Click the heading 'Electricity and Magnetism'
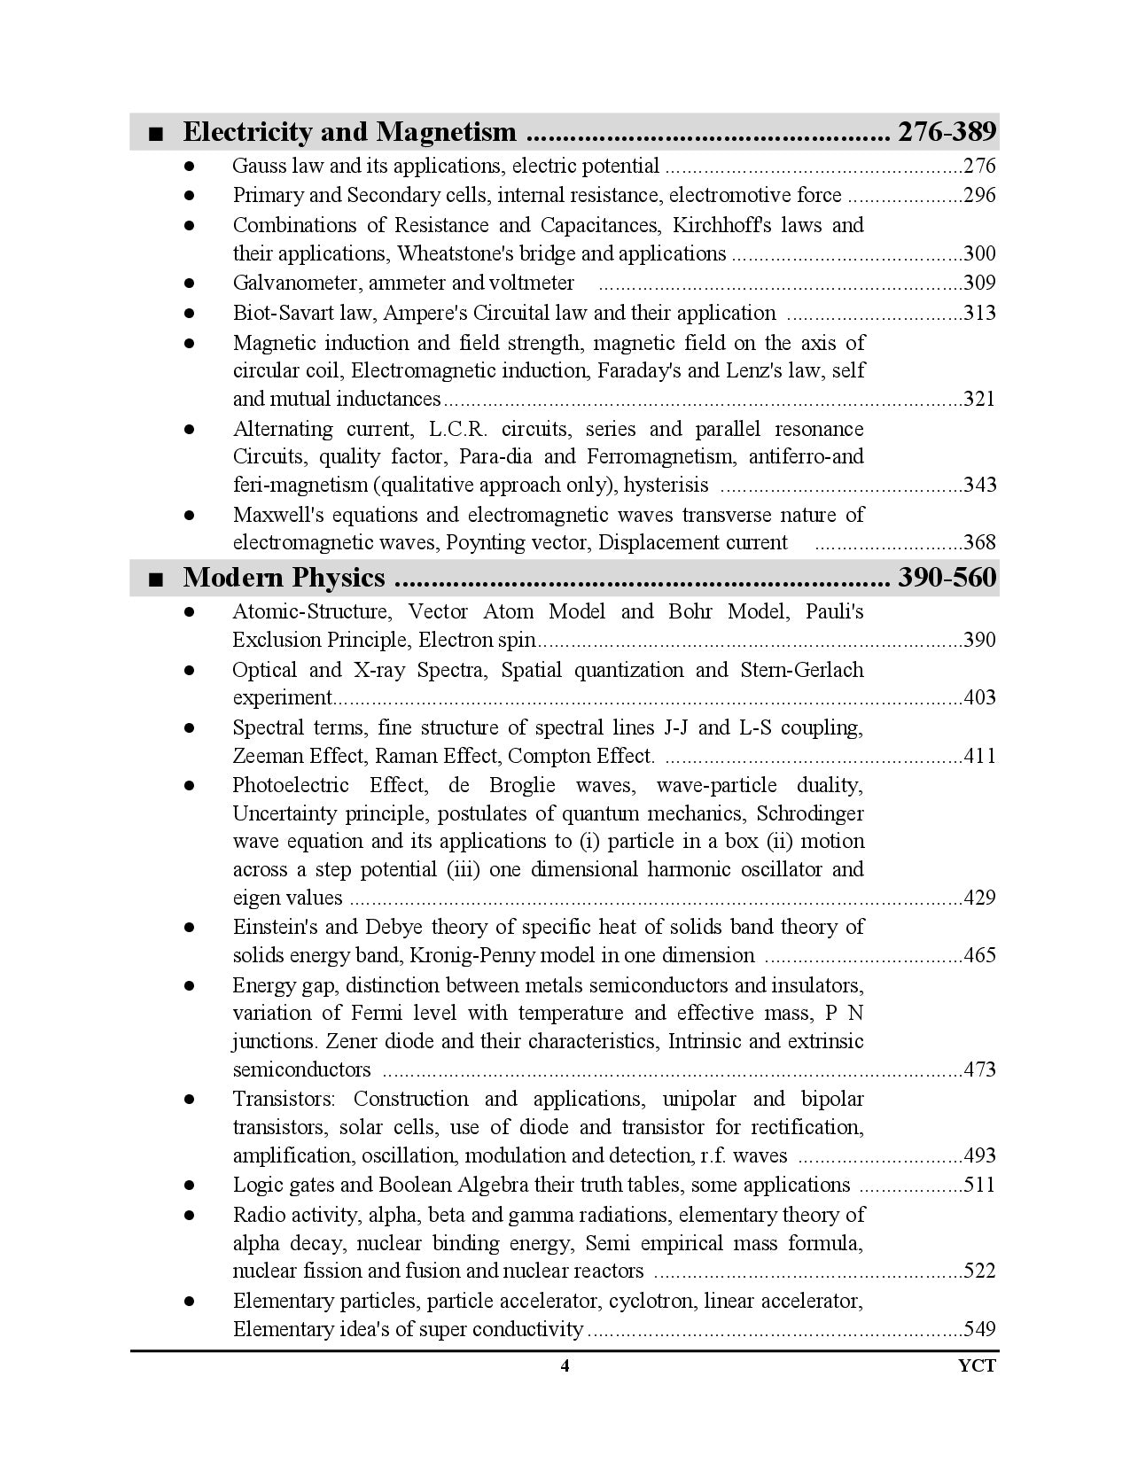pyautogui.click(x=348, y=132)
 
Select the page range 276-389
pyautogui.click(x=947, y=132)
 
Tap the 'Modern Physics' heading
pyautogui.click(x=284, y=578)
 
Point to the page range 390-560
pyautogui.click(x=947, y=578)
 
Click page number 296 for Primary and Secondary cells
pyautogui.click(x=979, y=195)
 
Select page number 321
pyautogui.click(x=979, y=399)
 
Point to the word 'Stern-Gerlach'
pyautogui.click(x=801, y=670)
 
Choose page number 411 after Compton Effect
pyautogui.click(x=979, y=756)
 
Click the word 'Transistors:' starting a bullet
pyautogui.click(x=284, y=1099)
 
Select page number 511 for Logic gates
pyautogui.click(x=979, y=1185)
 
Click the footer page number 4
pyautogui.click(x=565, y=1365)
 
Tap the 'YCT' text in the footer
pyautogui.click(x=977, y=1365)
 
